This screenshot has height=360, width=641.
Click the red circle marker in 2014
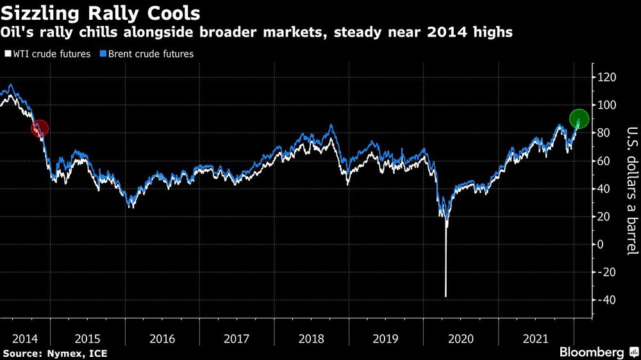coord(39,129)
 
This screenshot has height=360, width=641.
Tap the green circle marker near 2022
coord(579,119)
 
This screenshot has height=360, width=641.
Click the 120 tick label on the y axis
coord(606,77)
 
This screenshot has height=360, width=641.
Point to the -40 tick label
coord(606,300)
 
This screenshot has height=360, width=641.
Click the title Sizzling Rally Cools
coord(100,13)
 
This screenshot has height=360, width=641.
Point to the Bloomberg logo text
coord(592,352)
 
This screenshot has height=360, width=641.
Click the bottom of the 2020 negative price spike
coord(445,296)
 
